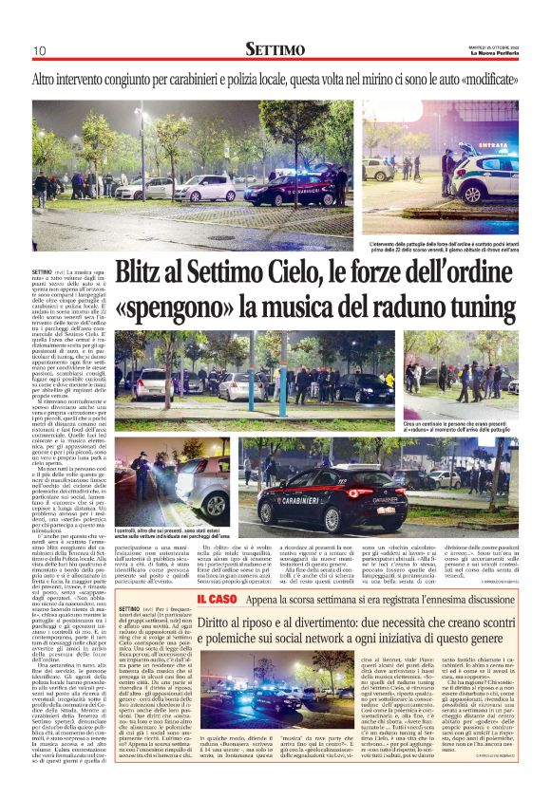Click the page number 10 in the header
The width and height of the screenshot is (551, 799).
[39, 50]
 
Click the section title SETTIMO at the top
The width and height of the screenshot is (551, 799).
[275, 48]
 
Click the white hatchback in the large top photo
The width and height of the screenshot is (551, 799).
[206, 188]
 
